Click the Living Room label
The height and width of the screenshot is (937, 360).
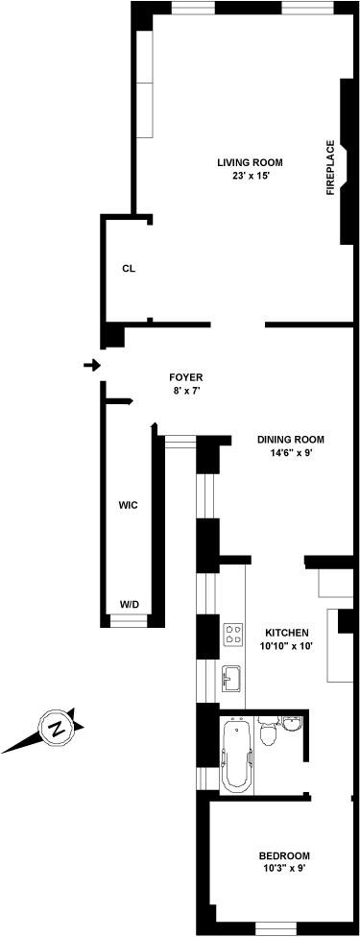[x=250, y=162]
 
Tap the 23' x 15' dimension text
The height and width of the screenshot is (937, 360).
[x=250, y=176]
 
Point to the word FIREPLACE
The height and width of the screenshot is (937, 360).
[x=329, y=169]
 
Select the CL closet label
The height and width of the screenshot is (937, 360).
[x=129, y=268]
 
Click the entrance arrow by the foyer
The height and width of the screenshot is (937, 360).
[x=92, y=365]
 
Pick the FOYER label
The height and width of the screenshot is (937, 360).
[x=186, y=377]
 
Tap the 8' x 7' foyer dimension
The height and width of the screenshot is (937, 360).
[x=186, y=391]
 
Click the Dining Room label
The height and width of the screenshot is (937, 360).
[x=291, y=440]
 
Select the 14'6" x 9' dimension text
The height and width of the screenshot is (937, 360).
[x=291, y=453]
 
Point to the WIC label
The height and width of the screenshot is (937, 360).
[x=129, y=505]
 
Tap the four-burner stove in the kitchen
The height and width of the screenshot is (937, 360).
[x=233, y=634]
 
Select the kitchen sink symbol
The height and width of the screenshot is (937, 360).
[x=233, y=678]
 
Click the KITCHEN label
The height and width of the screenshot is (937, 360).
[x=287, y=633]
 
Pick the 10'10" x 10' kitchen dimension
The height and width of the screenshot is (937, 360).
[x=287, y=645]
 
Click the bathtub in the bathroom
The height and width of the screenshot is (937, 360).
[x=237, y=755]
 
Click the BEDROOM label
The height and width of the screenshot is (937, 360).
[x=284, y=855]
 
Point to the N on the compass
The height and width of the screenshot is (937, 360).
[x=58, y=729]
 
